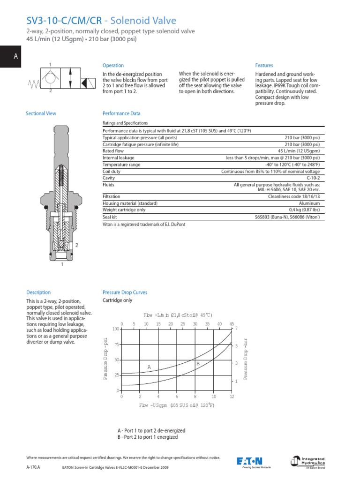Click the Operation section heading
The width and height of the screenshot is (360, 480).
tap(113, 66)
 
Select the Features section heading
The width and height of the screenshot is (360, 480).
tap(264, 66)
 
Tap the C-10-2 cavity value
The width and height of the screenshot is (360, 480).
tap(313, 178)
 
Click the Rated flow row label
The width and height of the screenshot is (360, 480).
tap(113, 151)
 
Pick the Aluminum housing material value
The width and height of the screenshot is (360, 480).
tap(309, 203)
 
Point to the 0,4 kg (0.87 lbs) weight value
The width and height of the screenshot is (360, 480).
tap(304, 210)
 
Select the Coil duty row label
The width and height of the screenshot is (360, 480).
tap(111, 172)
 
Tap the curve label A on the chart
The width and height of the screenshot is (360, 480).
tap(149, 367)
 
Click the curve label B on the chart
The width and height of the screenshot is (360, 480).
tap(198, 363)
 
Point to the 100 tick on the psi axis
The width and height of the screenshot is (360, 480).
tap(116, 329)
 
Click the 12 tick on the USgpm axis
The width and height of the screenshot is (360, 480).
tap(232, 397)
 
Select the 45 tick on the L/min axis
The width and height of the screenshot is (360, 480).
tap(232, 324)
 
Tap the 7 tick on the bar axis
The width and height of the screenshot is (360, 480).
tap(236, 328)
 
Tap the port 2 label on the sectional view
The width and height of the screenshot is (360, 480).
tap(76, 245)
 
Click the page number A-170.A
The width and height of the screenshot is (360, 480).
tap(33, 467)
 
